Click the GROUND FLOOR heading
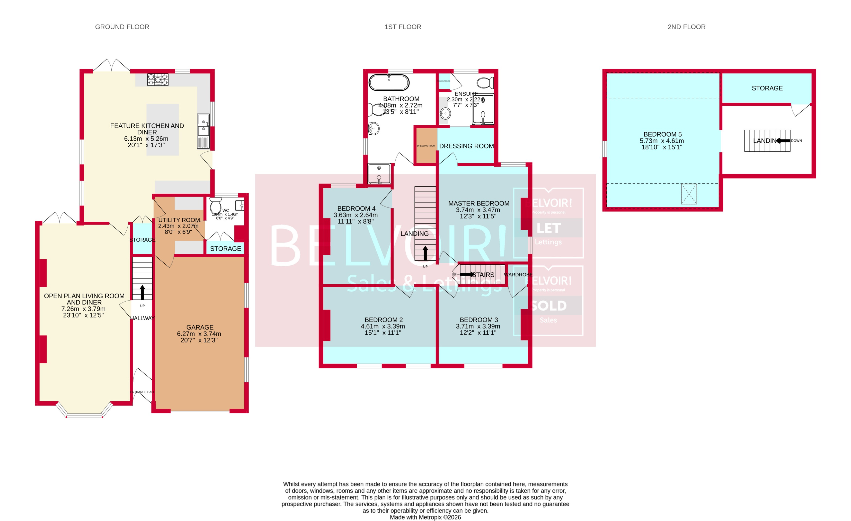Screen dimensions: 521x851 [122, 27]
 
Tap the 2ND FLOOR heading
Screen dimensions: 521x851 [686, 27]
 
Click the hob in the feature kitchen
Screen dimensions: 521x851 [158, 79]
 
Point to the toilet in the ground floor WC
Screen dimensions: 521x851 [215, 206]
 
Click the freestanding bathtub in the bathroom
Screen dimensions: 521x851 [389, 83]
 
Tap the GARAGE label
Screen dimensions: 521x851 [200, 327]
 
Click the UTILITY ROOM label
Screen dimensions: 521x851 [179, 220]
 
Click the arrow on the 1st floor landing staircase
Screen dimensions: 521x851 [425, 253]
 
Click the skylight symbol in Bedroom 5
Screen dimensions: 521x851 [688, 194]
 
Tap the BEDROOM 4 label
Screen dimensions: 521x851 [356, 208]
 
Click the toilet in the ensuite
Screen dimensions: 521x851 [485, 83]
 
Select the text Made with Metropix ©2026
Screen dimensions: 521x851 [425, 517]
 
